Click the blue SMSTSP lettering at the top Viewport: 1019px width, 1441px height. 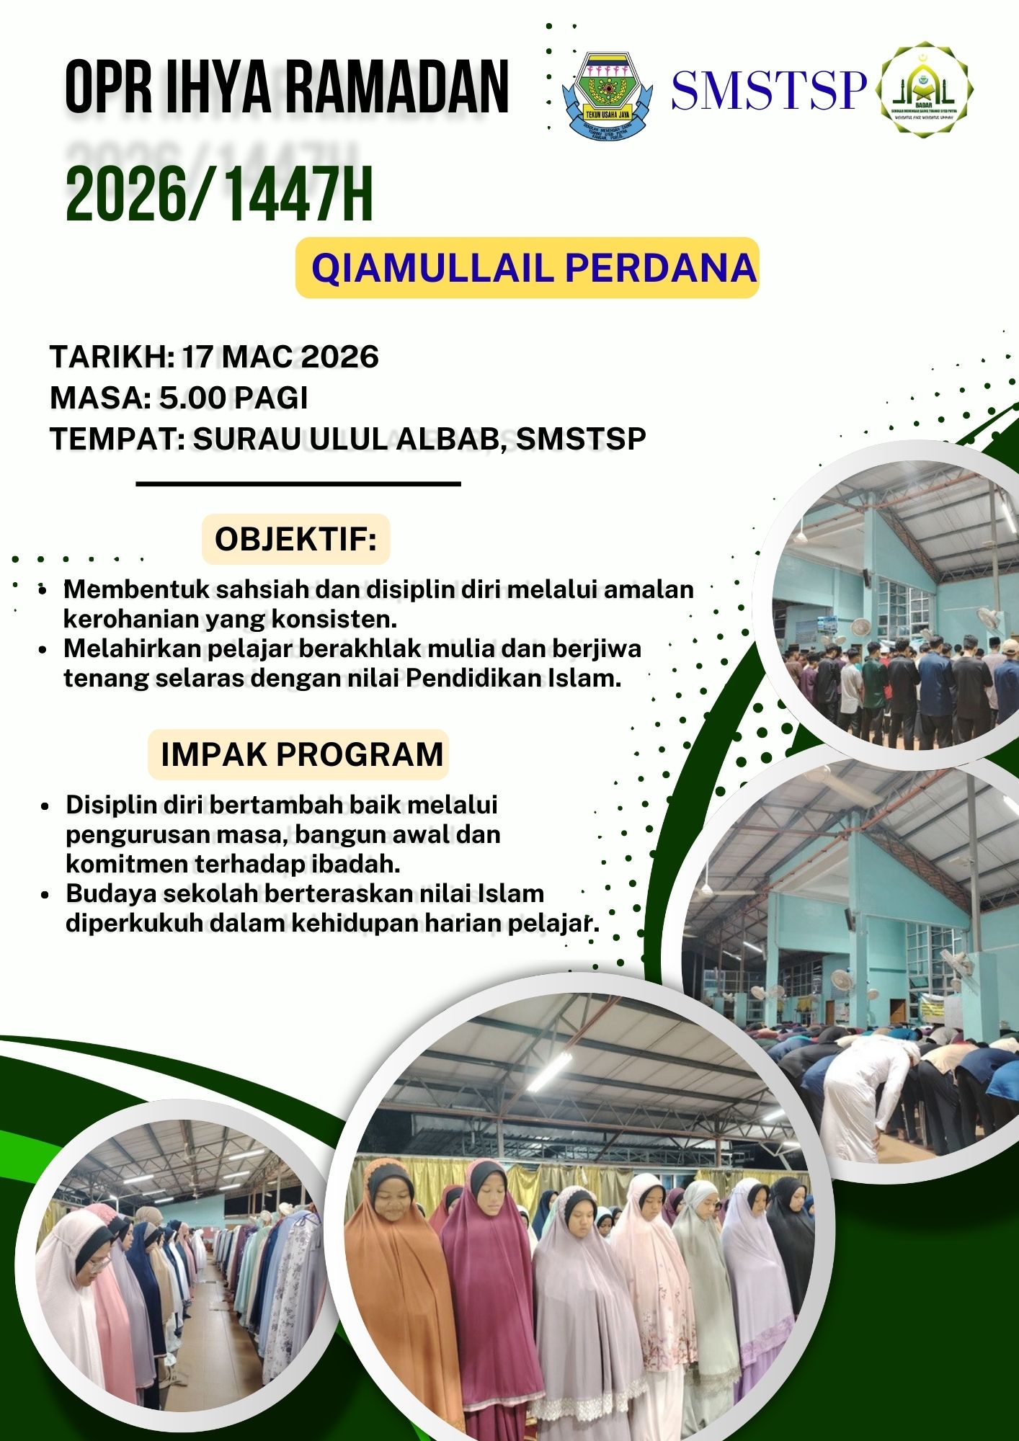click(768, 90)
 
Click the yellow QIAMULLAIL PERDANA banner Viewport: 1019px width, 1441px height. click(528, 267)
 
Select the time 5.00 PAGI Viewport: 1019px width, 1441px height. click(233, 398)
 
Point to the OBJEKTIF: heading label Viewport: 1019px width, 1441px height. click(295, 539)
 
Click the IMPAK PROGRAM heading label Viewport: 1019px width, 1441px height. click(298, 754)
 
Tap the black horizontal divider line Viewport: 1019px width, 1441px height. click(298, 484)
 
